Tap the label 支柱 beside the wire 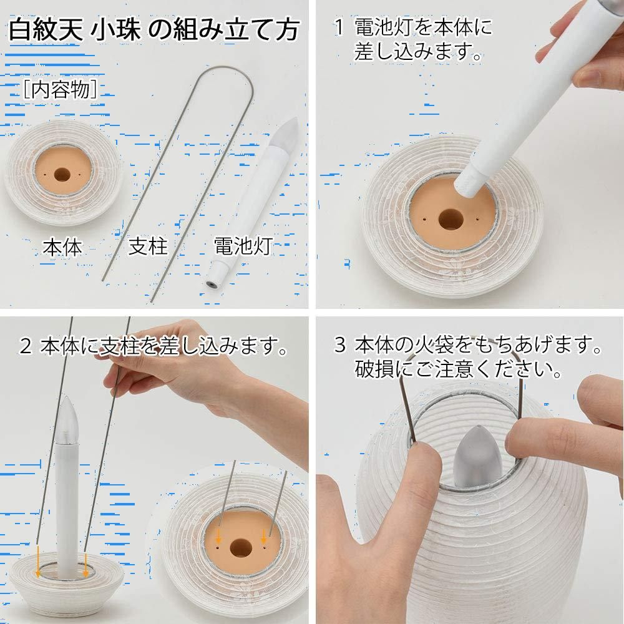click(x=148, y=246)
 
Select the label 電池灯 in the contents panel click(x=243, y=246)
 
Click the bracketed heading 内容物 click(x=60, y=89)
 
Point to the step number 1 click(x=339, y=27)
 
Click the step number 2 click(x=26, y=346)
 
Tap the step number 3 click(x=340, y=344)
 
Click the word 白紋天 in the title click(x=46, y=29)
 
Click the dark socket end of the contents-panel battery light click(x=211, y=285)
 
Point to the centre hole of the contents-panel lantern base click(x=61, y=175)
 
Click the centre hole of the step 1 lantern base click(x=451, y=219)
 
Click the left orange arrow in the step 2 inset click(x=218, y=537)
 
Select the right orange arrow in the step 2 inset click(x=263, y=537)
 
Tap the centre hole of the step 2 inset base click(x=240, y=548)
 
